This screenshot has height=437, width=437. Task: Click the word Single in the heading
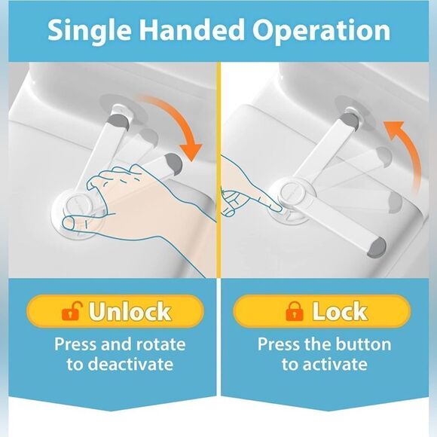(89, 31)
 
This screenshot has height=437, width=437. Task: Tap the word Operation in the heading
(321, 31)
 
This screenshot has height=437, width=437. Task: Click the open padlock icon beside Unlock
(72, 310)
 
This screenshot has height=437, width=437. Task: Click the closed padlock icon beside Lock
(294, 311)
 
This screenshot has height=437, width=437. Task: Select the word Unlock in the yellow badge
(130, 311)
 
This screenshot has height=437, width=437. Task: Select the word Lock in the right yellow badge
(340, 311)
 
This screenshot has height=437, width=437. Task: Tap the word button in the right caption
(360, 344)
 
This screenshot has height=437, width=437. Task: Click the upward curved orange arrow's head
(393, 130)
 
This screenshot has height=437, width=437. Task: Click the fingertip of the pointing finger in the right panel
(277, 208)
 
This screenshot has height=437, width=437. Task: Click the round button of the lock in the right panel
(292, 191)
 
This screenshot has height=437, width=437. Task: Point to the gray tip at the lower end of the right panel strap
(377, 246)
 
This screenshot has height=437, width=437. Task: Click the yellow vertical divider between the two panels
(218, 170)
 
